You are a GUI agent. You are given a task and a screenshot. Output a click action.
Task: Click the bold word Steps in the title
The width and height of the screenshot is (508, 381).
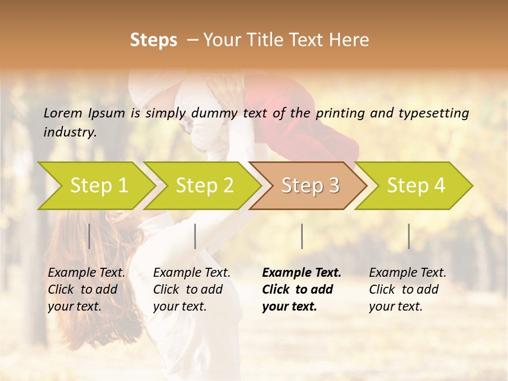pos(153,40)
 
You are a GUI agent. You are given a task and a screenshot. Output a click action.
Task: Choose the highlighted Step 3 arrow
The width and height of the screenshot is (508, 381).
pos(310,186)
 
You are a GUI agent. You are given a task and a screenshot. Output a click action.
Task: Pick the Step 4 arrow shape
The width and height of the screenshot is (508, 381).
pos(416,186)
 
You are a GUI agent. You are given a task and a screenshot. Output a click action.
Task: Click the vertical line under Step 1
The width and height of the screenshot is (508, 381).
pos(89,236)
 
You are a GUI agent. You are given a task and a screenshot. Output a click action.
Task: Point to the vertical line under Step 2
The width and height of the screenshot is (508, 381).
pos(195,236)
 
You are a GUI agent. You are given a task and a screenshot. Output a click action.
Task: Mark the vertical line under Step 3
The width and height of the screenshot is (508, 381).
pos(302,236)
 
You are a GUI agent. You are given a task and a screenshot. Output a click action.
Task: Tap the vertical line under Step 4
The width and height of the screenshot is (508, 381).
pos(409,236)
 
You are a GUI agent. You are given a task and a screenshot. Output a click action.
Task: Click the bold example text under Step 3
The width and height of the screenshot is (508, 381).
pos(301,289)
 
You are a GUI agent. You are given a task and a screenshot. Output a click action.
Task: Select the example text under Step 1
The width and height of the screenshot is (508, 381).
pos(86,289)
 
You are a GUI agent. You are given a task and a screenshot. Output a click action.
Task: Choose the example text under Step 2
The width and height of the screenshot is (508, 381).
pos(192,289)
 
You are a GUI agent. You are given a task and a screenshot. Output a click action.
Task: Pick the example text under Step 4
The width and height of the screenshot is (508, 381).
pos(407,289)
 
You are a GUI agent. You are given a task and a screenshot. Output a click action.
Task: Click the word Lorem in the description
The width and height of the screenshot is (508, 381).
pos(63,113)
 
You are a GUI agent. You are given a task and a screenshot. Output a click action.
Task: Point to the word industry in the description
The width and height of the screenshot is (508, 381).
pos(69,132)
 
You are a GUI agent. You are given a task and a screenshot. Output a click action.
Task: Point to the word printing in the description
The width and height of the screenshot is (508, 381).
pos(340,113)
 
